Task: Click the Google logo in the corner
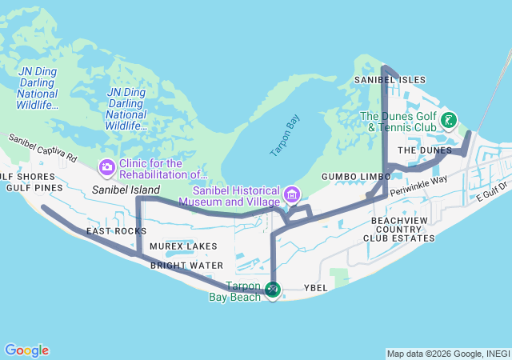(26, 350)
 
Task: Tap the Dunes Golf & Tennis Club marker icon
(450, 121)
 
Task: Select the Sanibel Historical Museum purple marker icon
(292, 194)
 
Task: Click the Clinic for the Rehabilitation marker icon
(106, 168)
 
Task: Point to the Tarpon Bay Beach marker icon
(273, 290)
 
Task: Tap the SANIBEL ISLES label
(390, 80)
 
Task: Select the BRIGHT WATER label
(186, 265)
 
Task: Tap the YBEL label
(317, 287)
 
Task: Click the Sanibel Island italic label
(126, 190)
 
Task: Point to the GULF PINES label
(34, 188)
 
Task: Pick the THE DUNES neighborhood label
(425, 150)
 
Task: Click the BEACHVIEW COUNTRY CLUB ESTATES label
(402, 228)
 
